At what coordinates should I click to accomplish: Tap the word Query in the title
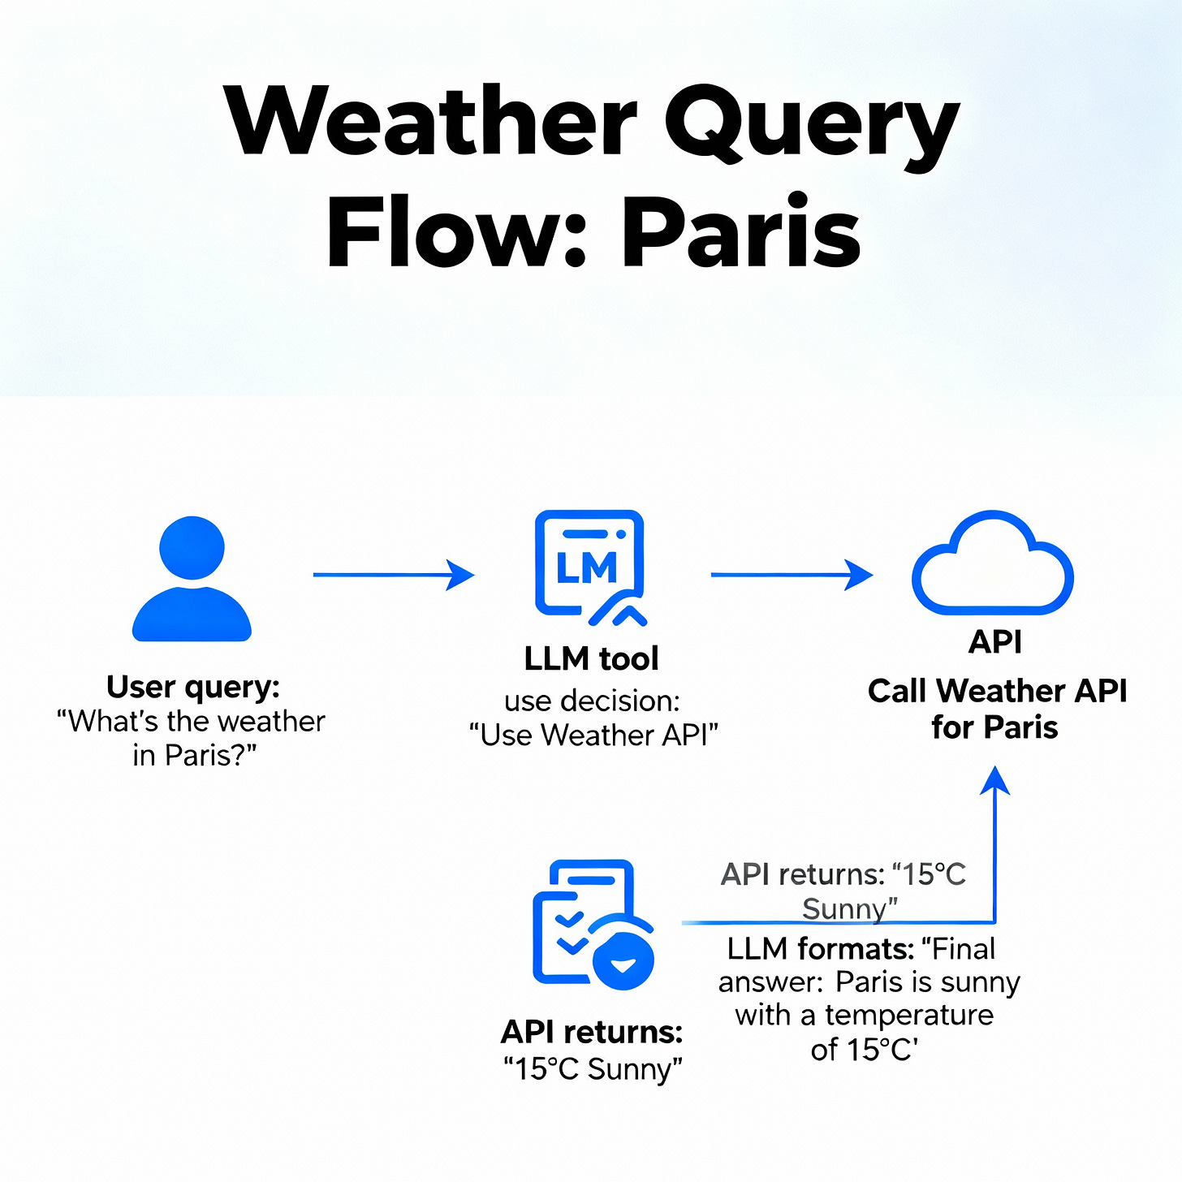[x=812, y=126]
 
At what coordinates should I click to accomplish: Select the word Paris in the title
[x=740, y=234]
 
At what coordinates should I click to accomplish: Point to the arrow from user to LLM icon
[x=393, y=575]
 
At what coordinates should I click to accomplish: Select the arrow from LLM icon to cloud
[x=791, y=575]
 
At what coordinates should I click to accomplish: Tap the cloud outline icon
[x=992, y=565]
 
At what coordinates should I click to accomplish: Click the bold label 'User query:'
[x=193, y=687]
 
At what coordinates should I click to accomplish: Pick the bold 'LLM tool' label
[x=591, y=658]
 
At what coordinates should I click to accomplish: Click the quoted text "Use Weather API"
[x=593, y=736]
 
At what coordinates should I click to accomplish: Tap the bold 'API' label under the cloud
[x=995, y=642]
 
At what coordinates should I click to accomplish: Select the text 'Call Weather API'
[x=997, y=691]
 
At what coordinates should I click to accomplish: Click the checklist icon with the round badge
[x=593, y=925]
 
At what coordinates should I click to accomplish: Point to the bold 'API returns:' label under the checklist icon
[x=592, y=1032]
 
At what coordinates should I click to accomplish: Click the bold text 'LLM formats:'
[x=820, y=948]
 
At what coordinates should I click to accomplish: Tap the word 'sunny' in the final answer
[x=979, y=982]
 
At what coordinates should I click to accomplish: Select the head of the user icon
[x=192, y=547]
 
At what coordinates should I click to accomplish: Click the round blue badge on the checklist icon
[x=623, y=961]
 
